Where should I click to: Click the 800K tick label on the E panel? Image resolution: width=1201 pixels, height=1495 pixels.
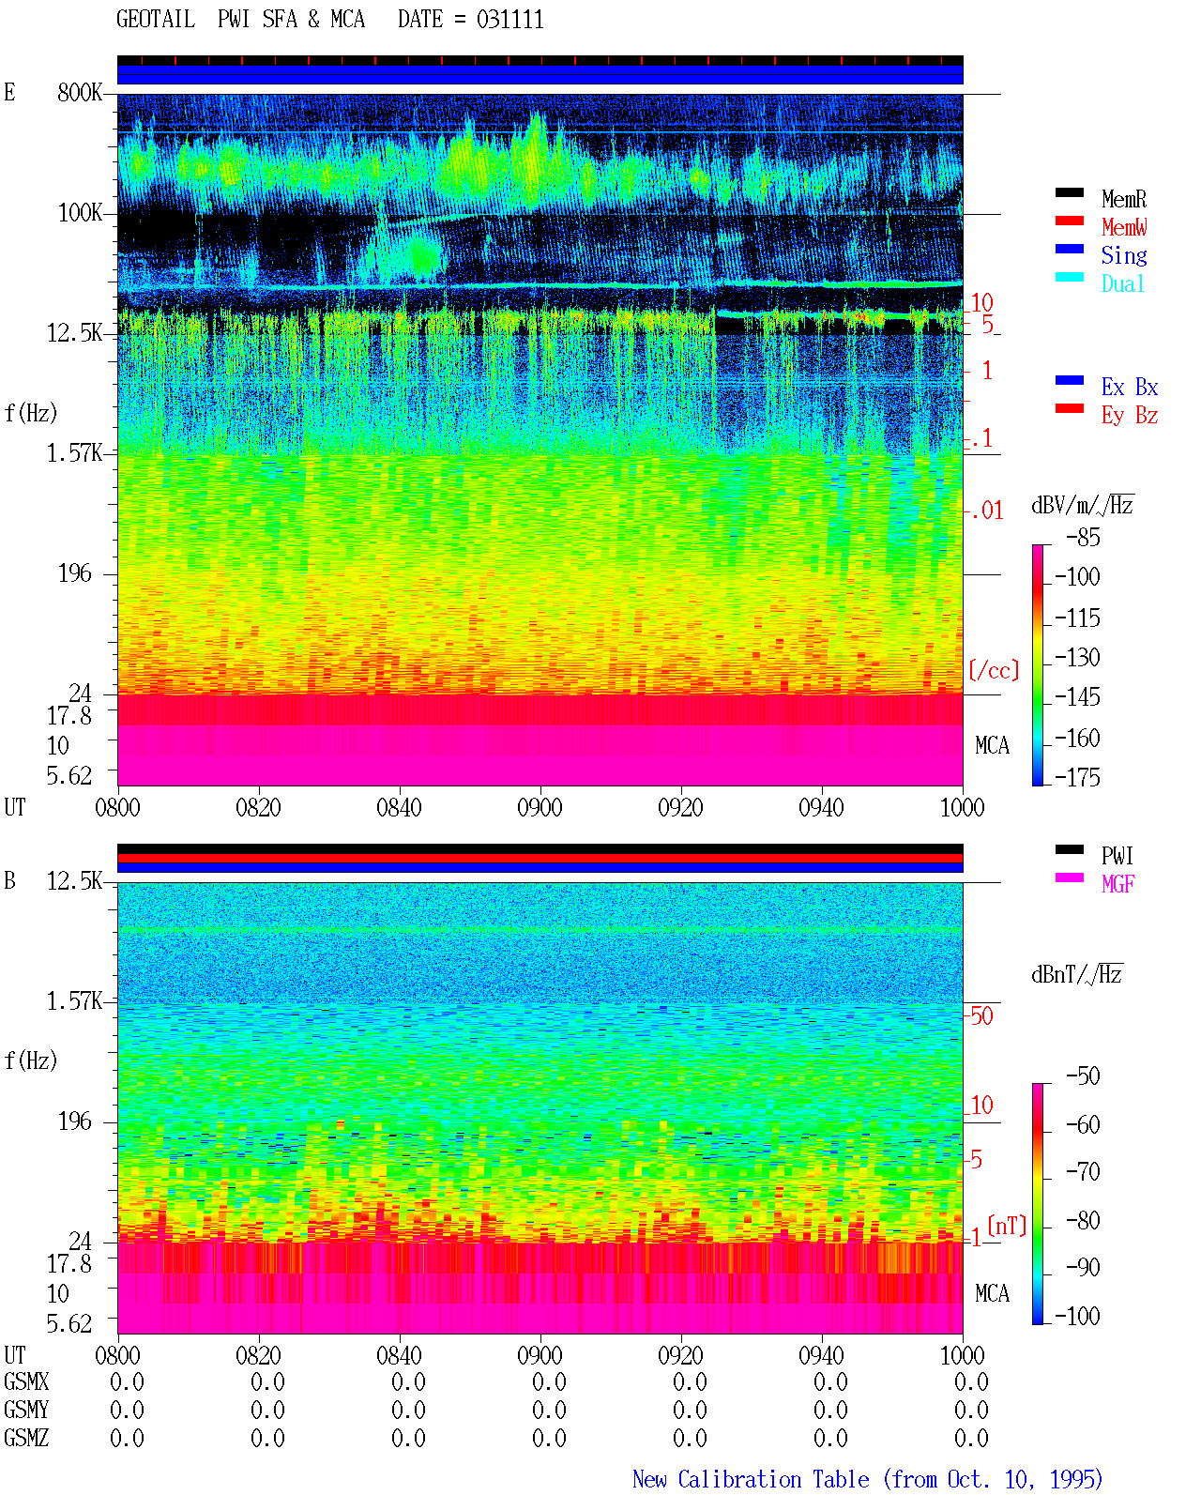tap(80, 92)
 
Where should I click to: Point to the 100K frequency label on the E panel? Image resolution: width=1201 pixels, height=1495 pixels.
tap(80, 213)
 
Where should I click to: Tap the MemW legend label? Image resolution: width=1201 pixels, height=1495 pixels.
tap(1124, 227)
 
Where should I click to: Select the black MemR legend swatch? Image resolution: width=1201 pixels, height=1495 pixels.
tap(1069, 192)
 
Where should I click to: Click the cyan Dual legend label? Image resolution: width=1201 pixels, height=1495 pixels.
tap(1123, 283)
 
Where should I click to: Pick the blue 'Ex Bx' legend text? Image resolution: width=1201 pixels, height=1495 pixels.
tap(1130, 387)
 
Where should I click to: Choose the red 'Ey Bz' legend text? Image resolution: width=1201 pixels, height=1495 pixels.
tap(1130, 416)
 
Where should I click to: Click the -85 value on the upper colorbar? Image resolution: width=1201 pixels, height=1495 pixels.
tap(1083, 537)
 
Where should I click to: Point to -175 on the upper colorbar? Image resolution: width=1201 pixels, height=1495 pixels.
tap(1077, 777)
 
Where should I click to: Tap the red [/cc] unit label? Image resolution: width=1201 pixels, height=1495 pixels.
tap(994, 670)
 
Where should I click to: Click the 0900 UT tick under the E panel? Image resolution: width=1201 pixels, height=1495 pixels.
tap(540, 807)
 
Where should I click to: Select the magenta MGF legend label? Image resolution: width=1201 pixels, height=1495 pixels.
tap(1117, 884)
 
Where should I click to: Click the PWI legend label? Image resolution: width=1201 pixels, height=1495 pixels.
tap(1117, 856)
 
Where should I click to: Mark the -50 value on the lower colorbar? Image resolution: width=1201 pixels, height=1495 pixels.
tap(1083, 1076)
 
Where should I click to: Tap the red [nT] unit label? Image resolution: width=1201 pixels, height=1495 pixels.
tap(1007, 1226)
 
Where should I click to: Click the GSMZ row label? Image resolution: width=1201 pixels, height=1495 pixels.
tap(26, 1438)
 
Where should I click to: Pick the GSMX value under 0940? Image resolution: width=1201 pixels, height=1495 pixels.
tap(830, 1381)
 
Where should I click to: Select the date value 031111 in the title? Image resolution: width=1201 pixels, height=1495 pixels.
tap(509, 20)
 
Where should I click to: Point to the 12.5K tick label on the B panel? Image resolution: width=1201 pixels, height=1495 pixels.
tap(74, 881)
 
